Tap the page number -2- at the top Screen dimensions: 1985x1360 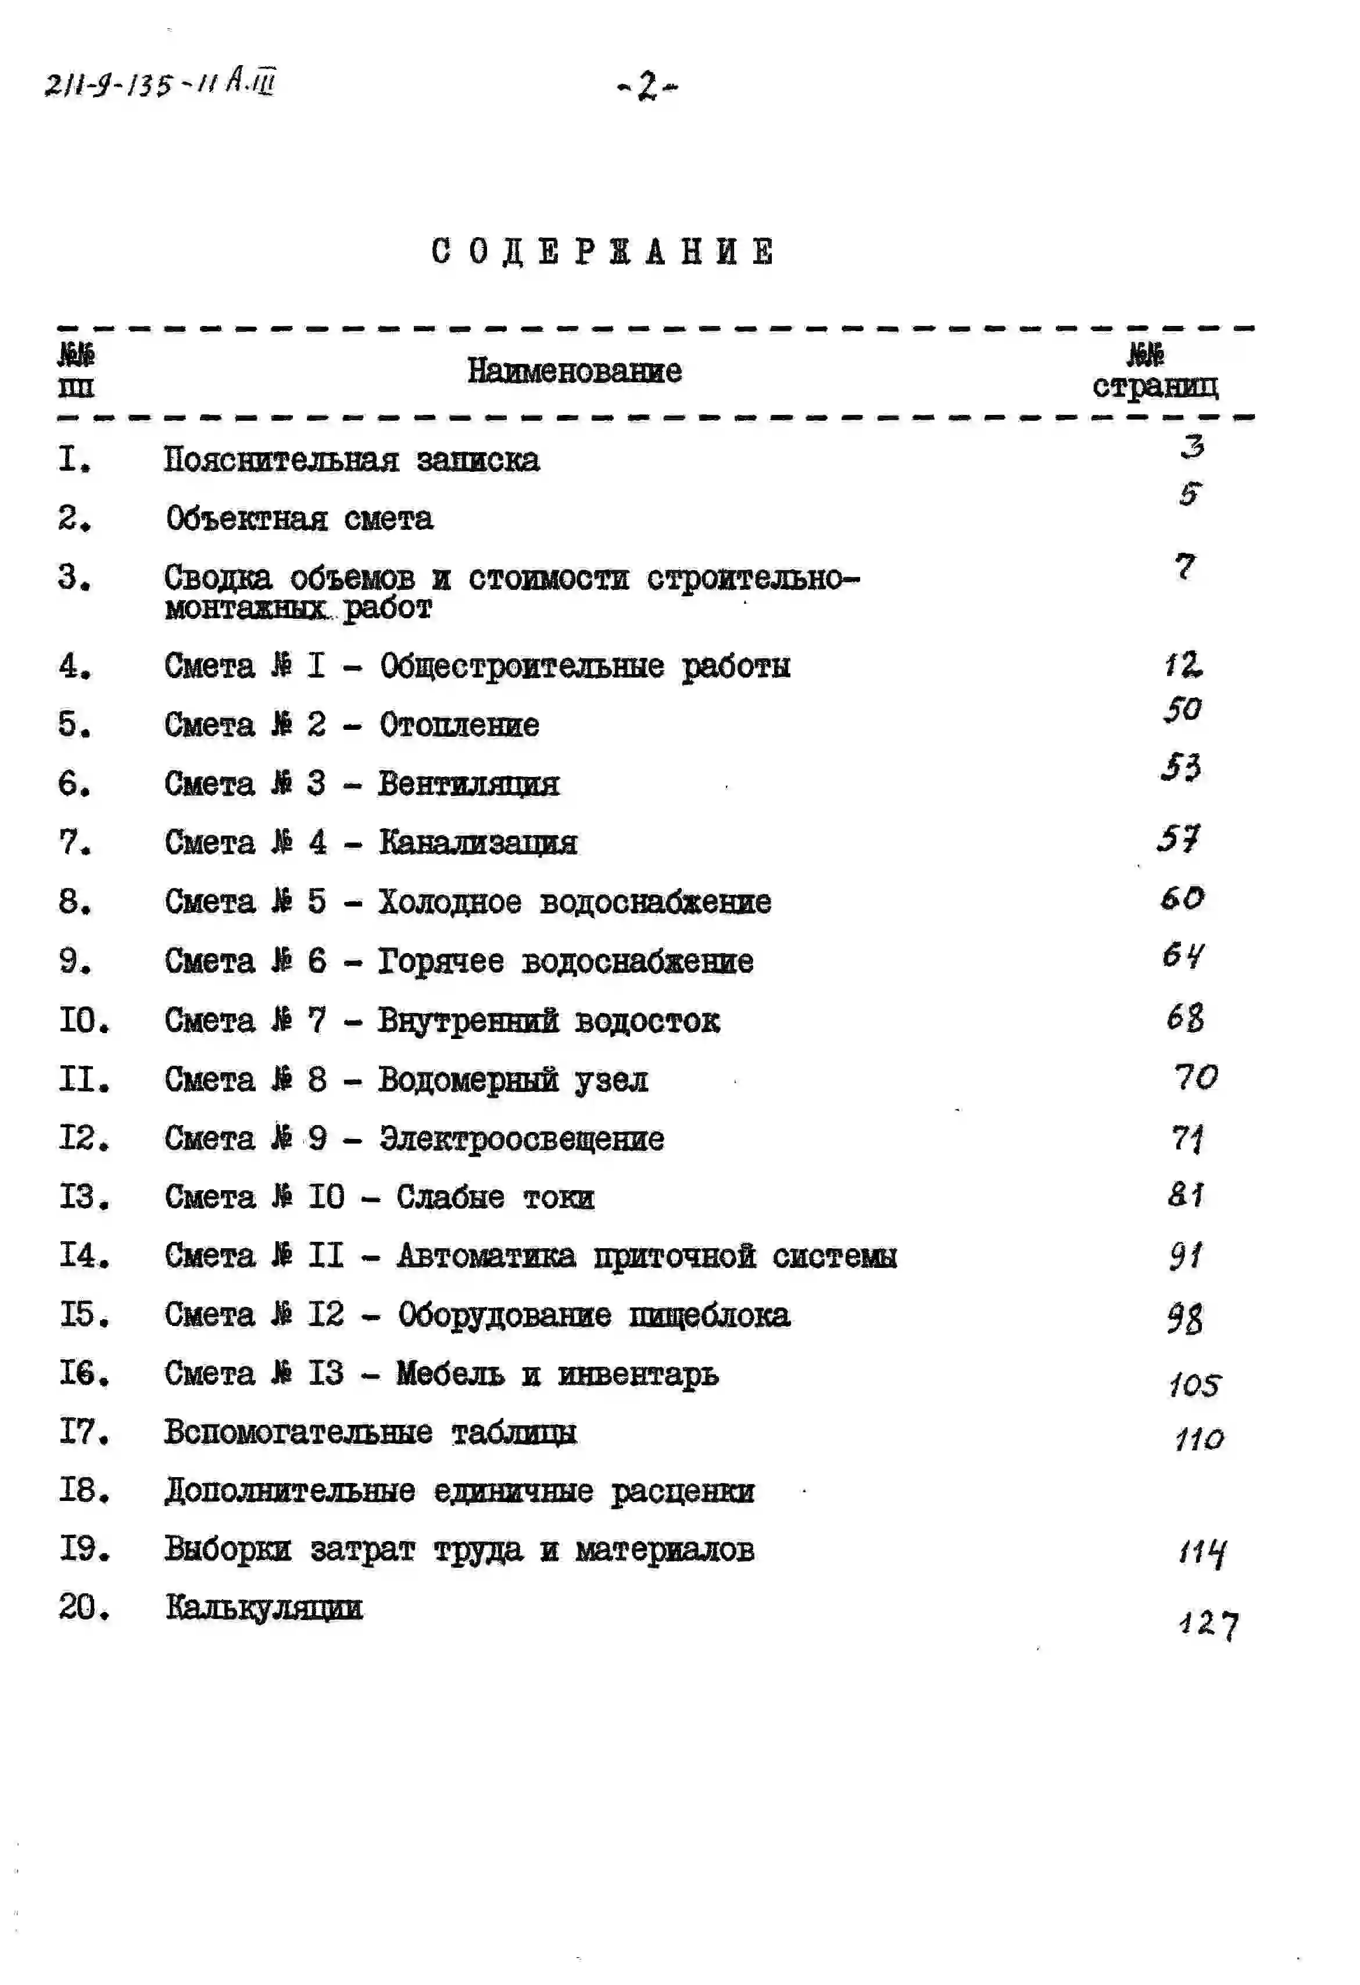tap(647, 85)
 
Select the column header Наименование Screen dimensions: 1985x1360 tap(574, 371)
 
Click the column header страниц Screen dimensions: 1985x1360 tap(1155, 386)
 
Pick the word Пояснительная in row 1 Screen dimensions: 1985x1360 tap(282, 460)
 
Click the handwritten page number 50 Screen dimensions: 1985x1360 tap(1182, 709)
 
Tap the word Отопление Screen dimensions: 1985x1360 tap(459, 725)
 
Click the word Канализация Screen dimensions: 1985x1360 tap(478, 843)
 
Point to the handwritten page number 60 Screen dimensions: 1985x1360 tap(1182, 898)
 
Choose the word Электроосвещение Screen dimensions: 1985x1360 tap(521, 1138)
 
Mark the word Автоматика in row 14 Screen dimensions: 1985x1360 tap(485, 1256)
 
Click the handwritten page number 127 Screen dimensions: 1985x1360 tap(1208, 1624)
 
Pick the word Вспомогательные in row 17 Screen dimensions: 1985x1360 tap(298, 1432)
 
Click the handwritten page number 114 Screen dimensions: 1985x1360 tap(1202, 1552)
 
